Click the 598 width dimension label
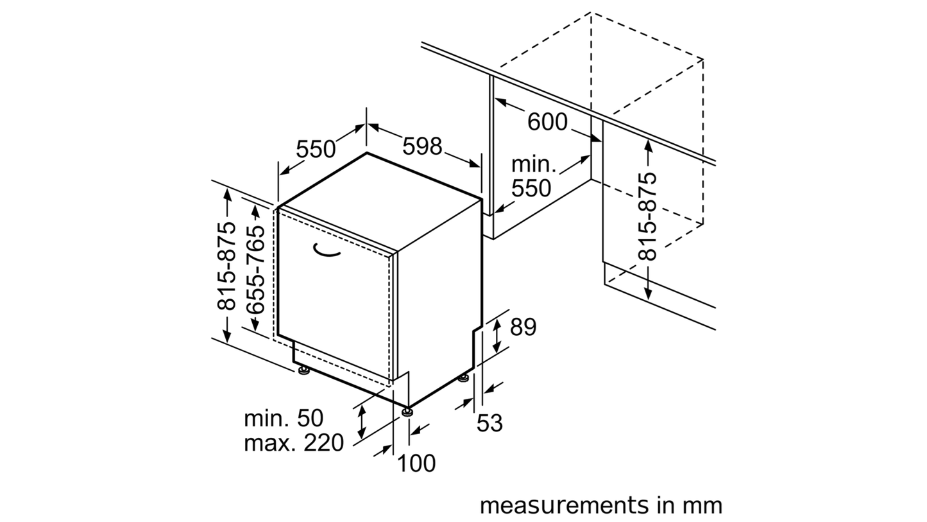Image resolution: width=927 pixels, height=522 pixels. click(x=422, y=146)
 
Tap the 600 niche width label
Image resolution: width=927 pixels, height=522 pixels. click(x=547, y=122)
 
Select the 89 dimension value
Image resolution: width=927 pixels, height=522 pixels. click(x=523, y=327)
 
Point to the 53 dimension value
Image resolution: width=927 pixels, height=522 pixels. click(x=489, y=423)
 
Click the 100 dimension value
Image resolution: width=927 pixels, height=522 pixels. click(x=416, y=463)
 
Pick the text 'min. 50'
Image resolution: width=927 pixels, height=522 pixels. click(x=284, y=419)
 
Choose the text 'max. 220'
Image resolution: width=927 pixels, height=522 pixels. click(x=294, y=443)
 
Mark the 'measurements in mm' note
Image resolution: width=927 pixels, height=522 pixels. click(x=601, y=506)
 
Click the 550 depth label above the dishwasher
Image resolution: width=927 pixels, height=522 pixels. click(x=316, y=149)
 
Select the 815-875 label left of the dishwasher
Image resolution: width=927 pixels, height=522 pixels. click(x=226, y=266)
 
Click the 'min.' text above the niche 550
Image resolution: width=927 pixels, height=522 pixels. click(x=534, y=164)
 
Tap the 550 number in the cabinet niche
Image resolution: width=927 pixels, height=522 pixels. click(x=531, y=189)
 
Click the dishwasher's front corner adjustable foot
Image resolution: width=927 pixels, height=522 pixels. click(x=407, y=412)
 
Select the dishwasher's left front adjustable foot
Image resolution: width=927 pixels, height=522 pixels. click(x=305, y=370)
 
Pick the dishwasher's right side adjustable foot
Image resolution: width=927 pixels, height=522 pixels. click(x=463, y=378)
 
